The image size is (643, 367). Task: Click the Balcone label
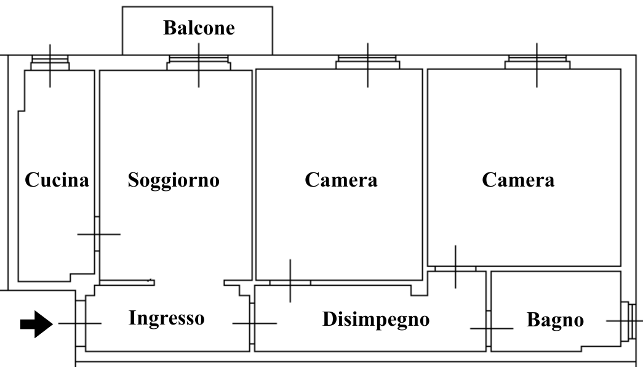coord(199,28)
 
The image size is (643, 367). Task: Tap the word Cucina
coord(57,180)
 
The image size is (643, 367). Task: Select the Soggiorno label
coord(174,180)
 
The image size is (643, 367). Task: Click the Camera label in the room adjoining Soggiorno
coord(341,180)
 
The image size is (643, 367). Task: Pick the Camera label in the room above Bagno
coord(518,180)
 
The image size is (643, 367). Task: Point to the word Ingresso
coord(166,318)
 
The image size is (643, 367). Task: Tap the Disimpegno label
coord(376,320)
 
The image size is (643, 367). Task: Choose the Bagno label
coord(555,321)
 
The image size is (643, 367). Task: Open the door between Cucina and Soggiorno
coord(98,234)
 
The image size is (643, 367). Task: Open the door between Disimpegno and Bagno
coord(489,328)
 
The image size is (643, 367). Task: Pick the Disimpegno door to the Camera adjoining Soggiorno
coord(290,283)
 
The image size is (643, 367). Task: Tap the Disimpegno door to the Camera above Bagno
coord(455,268)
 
